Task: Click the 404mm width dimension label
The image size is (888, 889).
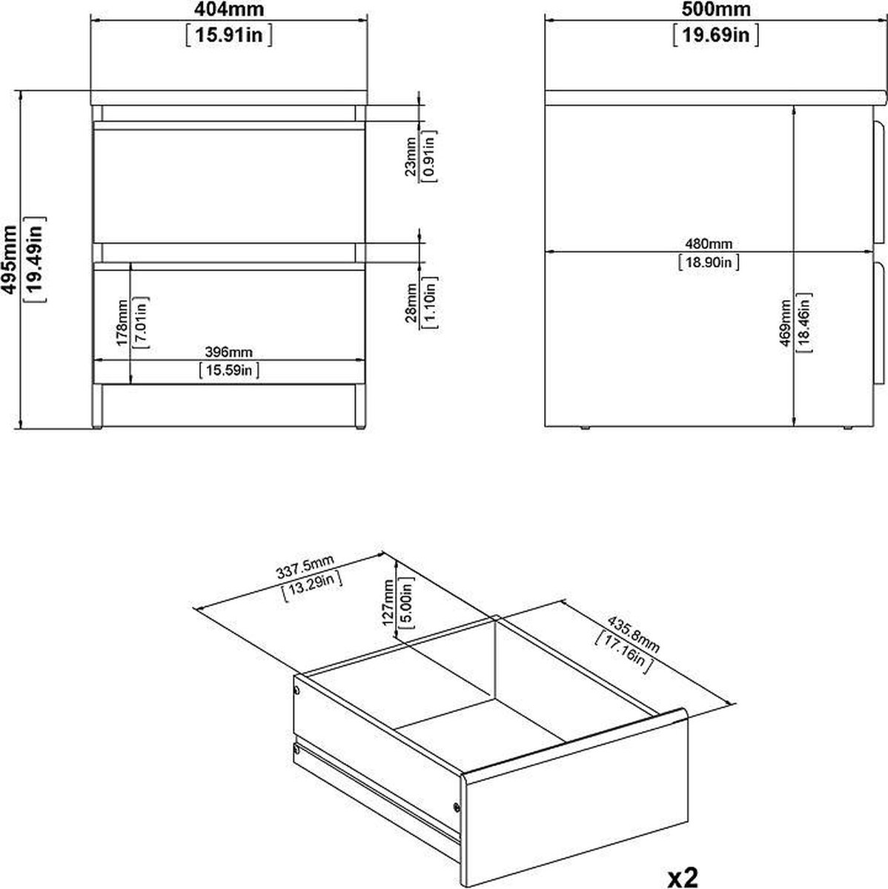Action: click(228, 9)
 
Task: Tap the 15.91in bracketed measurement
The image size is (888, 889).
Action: click(228, 35)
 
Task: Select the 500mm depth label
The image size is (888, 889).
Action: click(716, 9)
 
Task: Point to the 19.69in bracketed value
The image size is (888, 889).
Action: click(716, 35)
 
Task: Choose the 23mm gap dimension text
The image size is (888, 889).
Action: click(410, 156)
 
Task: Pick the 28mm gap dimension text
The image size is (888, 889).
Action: click(411, 303)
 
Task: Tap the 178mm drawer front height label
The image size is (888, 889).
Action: click(122, 322)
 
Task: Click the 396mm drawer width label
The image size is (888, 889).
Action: click(228, 352)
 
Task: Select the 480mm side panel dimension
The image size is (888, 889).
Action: click(709, 244)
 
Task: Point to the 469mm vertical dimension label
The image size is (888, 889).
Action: click(784, 323)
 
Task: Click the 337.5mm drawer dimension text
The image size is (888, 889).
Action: click(305, 567)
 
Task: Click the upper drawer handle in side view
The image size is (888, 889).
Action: click(880, 184)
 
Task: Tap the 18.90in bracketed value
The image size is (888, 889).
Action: click(709, 262)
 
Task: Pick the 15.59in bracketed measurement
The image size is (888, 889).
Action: click(228, 370)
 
